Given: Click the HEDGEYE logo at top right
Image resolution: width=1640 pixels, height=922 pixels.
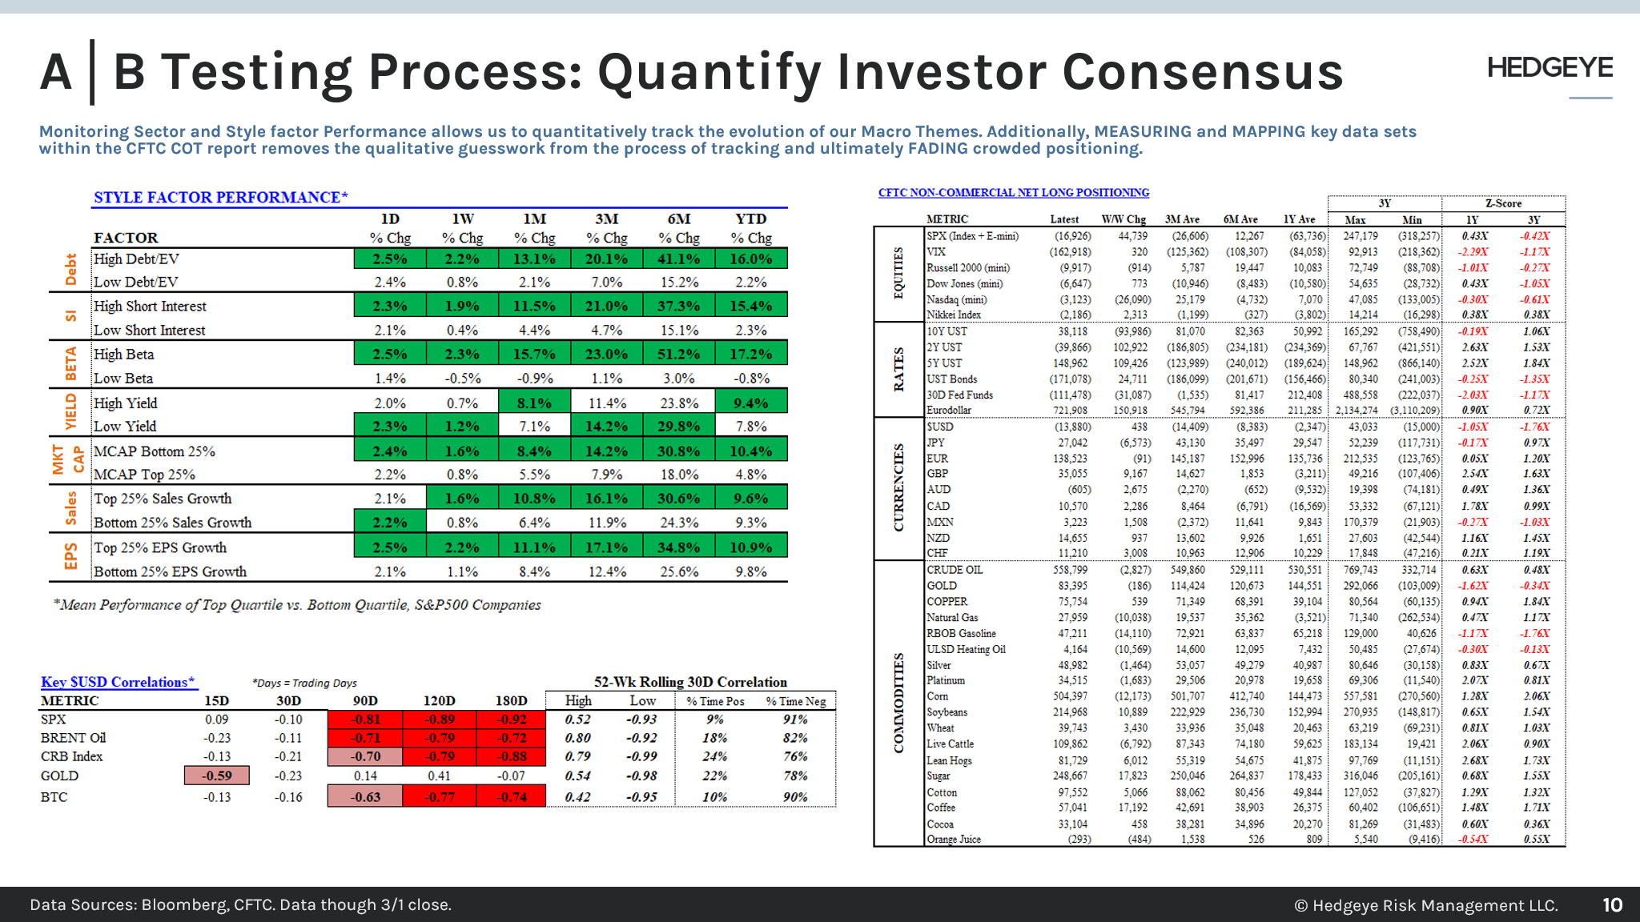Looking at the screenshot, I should tap(1550, 68).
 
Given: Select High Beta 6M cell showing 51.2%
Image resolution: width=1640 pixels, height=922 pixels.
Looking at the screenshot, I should tap(678, 354).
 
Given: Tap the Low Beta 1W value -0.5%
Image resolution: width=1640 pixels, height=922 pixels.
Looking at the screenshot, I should tap(462, 378).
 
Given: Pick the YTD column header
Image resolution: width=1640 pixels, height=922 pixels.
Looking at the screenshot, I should tap(750, 219).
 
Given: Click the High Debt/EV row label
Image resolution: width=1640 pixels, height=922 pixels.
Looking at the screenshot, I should tap(136, 259).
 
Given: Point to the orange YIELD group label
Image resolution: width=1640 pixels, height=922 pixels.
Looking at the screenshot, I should tap(71, 411).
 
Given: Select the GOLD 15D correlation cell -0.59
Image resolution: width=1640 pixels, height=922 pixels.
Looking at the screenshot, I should tap(216, 776).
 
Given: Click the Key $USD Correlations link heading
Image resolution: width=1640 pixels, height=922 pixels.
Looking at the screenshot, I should tap(118, 682).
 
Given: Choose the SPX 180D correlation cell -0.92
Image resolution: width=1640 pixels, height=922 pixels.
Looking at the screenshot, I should tap(512, 719).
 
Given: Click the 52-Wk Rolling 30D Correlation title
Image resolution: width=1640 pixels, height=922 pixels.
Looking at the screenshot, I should tap(690, 682).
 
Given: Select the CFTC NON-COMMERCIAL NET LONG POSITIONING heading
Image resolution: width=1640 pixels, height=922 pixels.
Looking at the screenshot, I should tap(1013, 193).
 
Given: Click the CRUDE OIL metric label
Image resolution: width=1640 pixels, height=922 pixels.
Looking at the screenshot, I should tap(955, 570).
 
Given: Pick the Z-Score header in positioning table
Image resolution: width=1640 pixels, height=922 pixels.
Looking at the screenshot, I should tap(1503, 203).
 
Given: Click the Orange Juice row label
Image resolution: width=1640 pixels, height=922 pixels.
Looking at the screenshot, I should tap(954, 840).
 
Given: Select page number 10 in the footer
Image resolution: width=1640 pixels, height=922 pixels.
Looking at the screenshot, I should tap(1612, 905).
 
